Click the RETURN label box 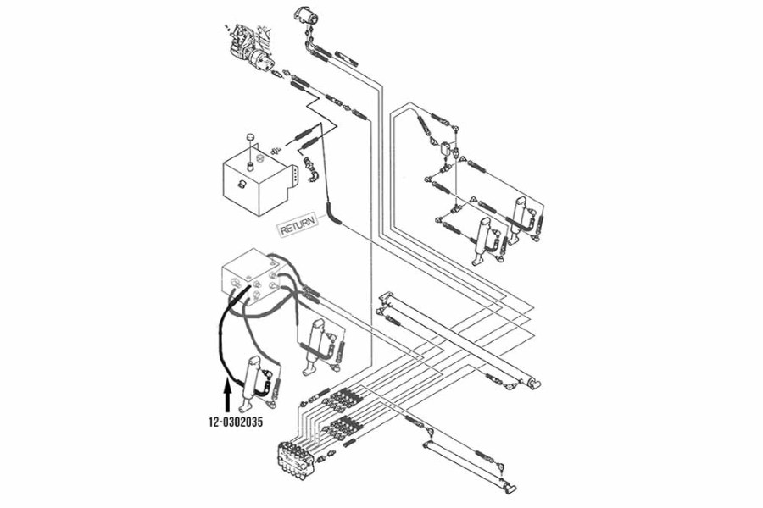[298, 226]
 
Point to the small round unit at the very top [304, 15]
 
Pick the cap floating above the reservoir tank [250, 138]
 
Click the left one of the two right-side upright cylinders [483, 238]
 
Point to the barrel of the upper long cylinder [458, 339]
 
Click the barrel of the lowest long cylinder [466, 461]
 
